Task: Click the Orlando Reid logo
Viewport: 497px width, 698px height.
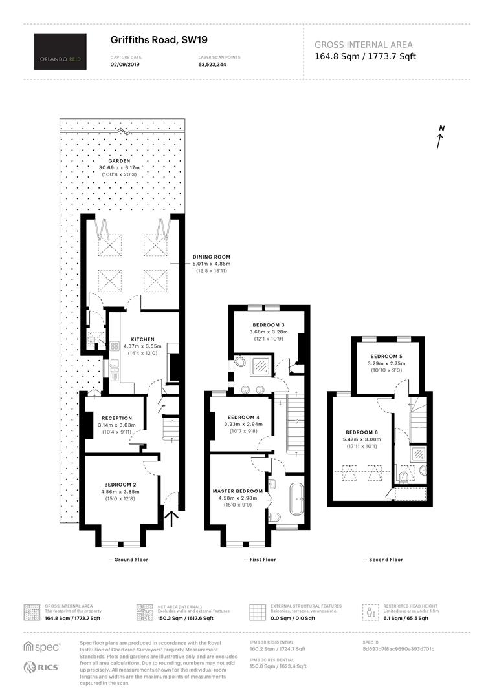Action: pos(60,52)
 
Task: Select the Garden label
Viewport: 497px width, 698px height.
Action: pos(120,161)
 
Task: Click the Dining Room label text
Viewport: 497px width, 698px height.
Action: pos(212,257)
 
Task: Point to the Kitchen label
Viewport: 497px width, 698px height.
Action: pos(142,339)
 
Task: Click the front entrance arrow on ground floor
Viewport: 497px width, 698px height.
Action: pos(171,518)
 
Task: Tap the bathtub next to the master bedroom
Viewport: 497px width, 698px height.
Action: pos(297,500)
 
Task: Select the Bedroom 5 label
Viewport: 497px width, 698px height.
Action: pos(386,357)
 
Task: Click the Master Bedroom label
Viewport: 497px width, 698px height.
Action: pos(237,491)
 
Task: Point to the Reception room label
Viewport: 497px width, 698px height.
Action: pos(116,418)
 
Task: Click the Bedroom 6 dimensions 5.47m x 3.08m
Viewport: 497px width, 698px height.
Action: pos(362,439)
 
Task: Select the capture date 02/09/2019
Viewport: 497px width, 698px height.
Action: pos(125,64)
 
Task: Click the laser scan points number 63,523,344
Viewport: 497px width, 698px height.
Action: pos(212,64)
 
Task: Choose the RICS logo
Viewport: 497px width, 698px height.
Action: pos(41,667)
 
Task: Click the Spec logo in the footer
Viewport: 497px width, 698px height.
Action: pos(42,647)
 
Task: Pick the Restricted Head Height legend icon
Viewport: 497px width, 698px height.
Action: pos(370,612)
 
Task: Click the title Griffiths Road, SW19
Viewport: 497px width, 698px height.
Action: pos(159,40)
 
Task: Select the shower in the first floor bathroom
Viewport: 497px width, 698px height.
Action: pos(260,366)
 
